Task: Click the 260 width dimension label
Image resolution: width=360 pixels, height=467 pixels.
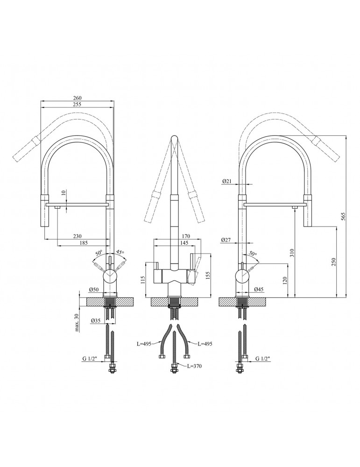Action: [x=77, y=98]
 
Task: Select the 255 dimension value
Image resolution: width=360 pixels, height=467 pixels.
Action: [x=77, y=104]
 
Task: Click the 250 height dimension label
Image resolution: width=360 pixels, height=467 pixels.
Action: [x=334, y=262]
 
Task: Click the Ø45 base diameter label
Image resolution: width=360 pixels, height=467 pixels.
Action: [x=259, y=289]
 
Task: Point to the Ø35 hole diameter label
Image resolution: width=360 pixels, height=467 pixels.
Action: [x=96, y=320]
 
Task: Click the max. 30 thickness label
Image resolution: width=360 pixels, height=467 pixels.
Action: [x=78, y=322]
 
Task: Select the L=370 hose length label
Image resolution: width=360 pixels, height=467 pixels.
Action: [x=195, y=366]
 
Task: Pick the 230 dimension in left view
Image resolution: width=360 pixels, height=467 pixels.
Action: [x=78, y=236]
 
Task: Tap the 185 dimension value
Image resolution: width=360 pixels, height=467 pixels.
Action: [x=84, y=243]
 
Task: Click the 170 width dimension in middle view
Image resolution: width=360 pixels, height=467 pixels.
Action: [x=185, y=236]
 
